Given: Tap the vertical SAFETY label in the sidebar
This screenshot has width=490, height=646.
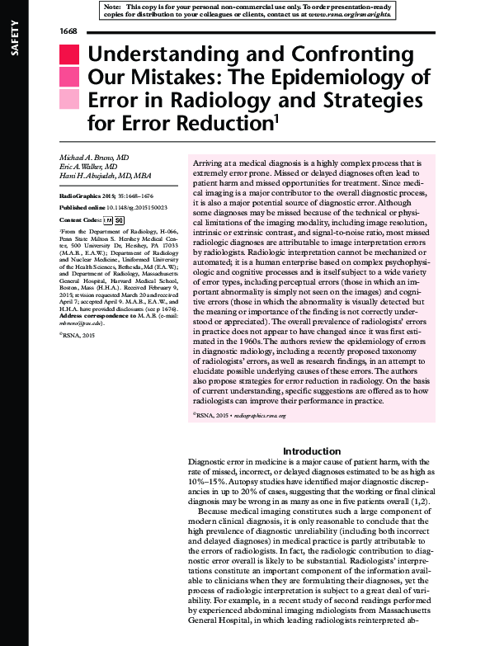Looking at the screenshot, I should (12, 40).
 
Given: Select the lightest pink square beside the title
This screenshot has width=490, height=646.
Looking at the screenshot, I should (68, 100).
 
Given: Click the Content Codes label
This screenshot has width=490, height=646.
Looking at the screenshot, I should (80, 221).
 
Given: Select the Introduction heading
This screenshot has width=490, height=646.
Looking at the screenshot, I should (317, 451).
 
